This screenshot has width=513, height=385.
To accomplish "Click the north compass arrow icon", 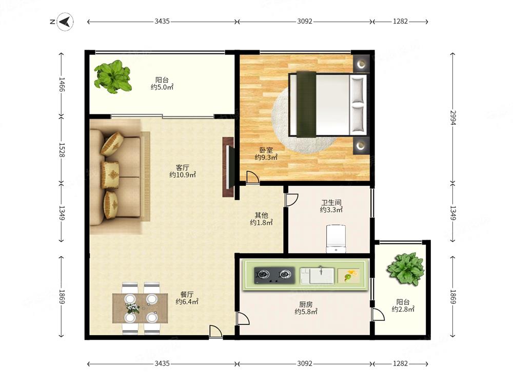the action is (65, 22).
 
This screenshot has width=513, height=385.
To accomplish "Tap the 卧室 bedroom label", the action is (266, 150).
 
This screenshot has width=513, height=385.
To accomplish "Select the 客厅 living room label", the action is (182, 168).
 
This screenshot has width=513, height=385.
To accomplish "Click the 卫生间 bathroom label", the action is (331, 203).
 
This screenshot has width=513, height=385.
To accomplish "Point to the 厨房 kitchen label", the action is (306, 304).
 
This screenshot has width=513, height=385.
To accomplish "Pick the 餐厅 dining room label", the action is (187, 294).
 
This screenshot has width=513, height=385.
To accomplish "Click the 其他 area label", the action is (262, 216).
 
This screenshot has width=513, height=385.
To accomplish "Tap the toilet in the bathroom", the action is (336, 239).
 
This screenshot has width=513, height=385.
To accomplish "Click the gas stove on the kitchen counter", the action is (273, 275).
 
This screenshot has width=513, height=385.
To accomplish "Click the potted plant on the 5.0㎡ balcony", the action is (113, 77).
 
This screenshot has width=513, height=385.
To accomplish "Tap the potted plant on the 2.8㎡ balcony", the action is (406, 269).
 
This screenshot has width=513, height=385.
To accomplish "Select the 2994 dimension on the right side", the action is (452, 118).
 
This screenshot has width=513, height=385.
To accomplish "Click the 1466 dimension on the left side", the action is (62, 85).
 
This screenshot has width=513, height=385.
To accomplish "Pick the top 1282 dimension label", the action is (400, 22).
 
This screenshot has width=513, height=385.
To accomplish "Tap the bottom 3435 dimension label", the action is (162, 363).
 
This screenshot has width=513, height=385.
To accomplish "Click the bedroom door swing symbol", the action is (252, 177).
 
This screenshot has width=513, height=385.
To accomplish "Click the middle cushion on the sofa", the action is (110, 175).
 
